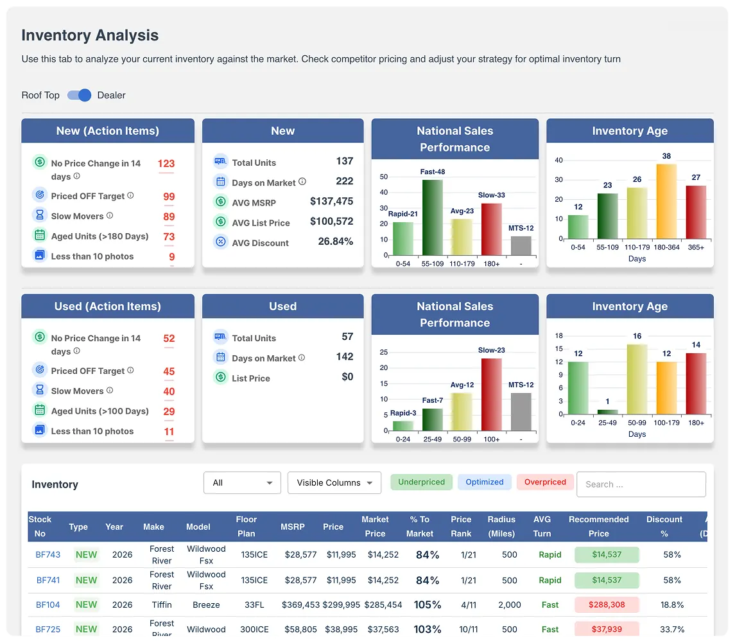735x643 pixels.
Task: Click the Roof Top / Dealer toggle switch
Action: (79, 95)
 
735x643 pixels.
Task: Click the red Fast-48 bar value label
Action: (433, 172)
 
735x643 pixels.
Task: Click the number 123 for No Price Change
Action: (166, 164)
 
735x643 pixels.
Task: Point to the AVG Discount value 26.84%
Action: (335, 242)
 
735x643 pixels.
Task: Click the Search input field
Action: (641, 484)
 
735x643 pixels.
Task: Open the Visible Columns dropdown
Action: (334, 483)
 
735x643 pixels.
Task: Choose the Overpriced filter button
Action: (545, 482)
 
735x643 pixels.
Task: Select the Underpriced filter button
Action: (421, 482)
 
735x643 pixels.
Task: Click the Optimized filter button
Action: (484, 482)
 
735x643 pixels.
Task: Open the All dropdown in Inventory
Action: (242, 483)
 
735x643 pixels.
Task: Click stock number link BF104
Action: (48, 604)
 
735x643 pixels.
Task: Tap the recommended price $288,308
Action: (607, 604)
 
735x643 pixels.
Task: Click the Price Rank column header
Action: (461, 526)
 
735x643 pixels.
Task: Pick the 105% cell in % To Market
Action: (428, 604)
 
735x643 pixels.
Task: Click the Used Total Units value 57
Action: (347, 337)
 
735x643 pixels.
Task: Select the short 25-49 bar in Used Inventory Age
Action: (607, 412)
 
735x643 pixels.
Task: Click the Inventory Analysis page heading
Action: (90, 35)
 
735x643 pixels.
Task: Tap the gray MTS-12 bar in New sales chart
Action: (521, 247)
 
